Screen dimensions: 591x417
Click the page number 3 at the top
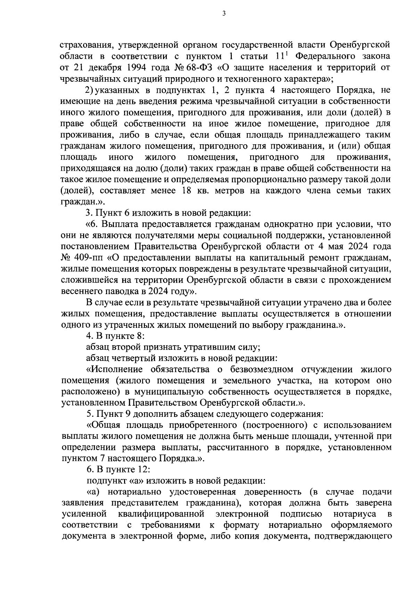(224, 14)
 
